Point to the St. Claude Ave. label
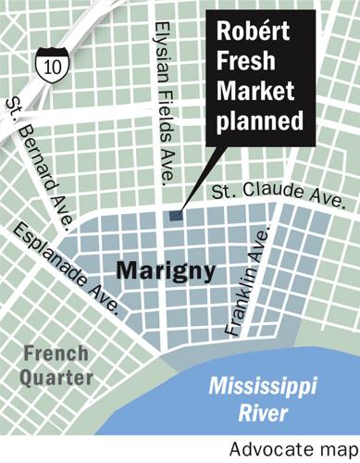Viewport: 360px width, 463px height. coord(279,195)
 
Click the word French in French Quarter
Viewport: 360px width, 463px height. coord(56,354)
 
